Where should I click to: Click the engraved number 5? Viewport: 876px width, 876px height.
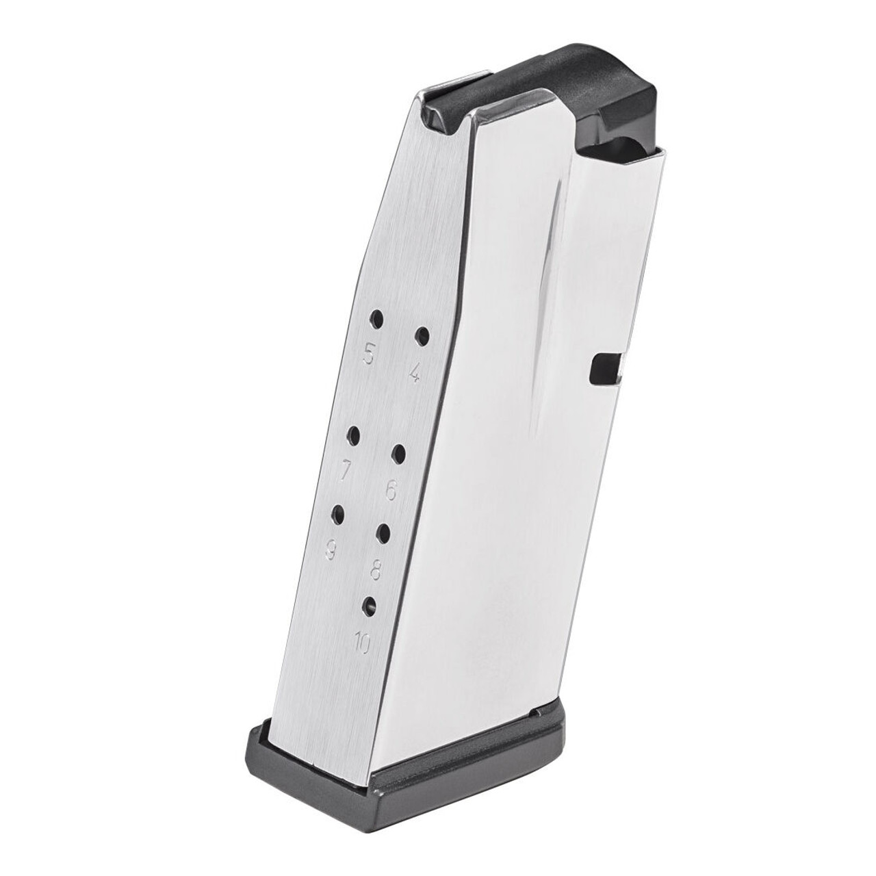click(x=369, y=355)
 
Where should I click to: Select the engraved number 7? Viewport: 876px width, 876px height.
click(x=346, y=470)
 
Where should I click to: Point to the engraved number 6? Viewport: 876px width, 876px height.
click(x=391, y=489)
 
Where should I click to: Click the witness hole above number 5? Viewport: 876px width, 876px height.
click(x=376, y=318)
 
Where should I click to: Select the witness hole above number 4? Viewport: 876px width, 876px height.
click(x=422, y=336)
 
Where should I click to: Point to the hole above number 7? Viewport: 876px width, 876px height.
click(x=354, y=435)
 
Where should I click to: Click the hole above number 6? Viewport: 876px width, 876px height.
click(x=400, y=453)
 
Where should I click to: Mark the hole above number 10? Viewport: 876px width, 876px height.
click(x=370, y=604)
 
